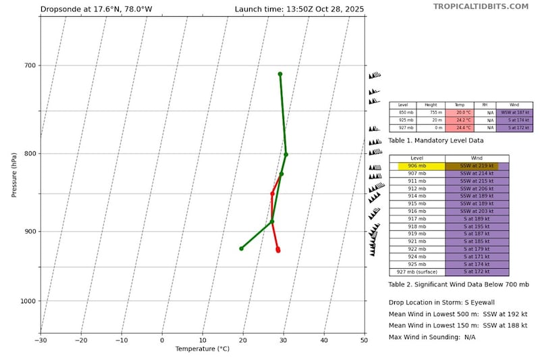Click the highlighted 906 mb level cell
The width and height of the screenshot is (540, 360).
417,166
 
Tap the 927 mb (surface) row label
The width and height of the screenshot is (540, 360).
417,272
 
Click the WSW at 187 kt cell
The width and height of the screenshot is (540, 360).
514,113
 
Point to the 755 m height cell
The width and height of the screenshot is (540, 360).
431,113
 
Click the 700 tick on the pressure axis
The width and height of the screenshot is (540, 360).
29,66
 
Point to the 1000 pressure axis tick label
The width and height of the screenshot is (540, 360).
27,301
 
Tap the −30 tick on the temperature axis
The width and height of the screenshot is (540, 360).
40,340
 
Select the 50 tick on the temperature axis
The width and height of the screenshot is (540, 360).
364,340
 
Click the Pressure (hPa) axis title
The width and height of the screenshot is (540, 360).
14,175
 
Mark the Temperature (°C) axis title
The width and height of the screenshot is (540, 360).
202,349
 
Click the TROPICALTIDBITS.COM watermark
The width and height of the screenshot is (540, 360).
481,6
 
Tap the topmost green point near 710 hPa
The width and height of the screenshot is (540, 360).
279,74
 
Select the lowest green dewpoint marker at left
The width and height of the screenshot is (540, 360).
241,249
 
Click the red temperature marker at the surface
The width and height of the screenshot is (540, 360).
277,250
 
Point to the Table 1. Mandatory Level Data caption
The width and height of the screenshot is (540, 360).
436,140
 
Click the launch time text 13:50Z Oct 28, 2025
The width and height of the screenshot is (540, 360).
299,9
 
